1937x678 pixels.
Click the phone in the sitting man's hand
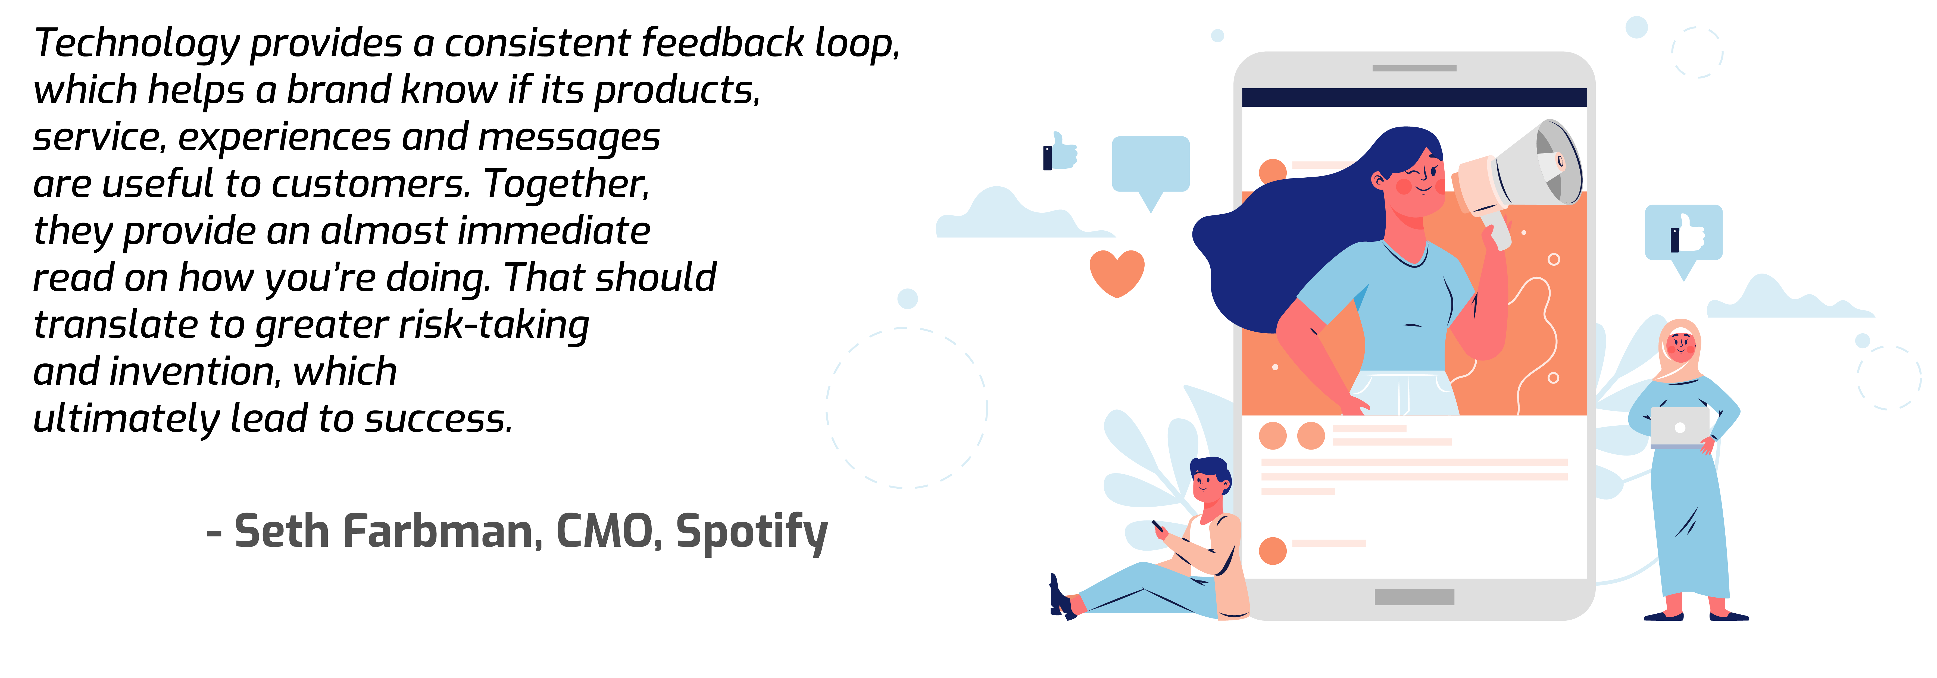[1158, 525]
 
